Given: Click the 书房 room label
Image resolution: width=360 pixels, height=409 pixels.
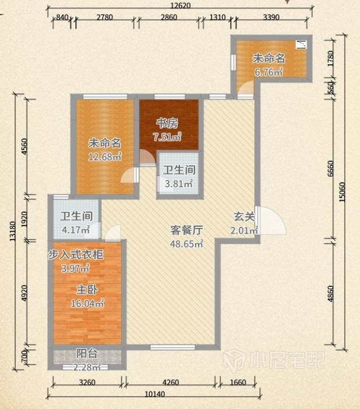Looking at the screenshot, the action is click(167, 123).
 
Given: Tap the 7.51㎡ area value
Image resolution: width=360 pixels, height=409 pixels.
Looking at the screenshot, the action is click(167, 137).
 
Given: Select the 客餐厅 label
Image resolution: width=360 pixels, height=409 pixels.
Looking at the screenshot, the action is click(187, 230).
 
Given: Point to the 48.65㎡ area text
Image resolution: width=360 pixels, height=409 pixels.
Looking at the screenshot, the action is click(187, 244).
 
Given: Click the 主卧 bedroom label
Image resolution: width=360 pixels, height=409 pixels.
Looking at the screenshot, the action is click(87, 290).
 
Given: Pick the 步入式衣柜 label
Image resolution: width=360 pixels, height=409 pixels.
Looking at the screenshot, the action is click(75, 255).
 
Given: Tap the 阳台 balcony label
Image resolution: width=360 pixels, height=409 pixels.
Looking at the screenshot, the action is click(87, 354).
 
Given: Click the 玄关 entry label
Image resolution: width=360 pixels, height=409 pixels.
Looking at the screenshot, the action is click(244, 217).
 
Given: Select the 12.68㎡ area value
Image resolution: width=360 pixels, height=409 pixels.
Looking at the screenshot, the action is click(105, 157).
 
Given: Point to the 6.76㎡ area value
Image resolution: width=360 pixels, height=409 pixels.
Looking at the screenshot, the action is click(269, 72).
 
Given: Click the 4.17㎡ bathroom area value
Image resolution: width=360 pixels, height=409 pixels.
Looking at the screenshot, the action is click(76, 230).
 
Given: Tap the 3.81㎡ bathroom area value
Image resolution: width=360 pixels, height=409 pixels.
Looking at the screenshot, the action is click(179, 183).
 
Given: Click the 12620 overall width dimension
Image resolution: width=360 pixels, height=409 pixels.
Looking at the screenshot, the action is click(180, 6).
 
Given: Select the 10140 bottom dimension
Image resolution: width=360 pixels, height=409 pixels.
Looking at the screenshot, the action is click(155, 394).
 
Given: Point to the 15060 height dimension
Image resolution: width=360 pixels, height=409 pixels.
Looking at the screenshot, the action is click(342, 192).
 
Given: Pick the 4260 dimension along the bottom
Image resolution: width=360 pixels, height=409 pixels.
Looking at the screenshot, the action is click(170, 383).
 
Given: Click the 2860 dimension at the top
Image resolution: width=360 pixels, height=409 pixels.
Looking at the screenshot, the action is click(169, 17).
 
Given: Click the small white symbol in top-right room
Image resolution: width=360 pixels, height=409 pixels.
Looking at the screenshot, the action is click(301, 45).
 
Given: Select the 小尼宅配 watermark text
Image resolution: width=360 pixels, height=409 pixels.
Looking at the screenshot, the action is click(287, 360).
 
